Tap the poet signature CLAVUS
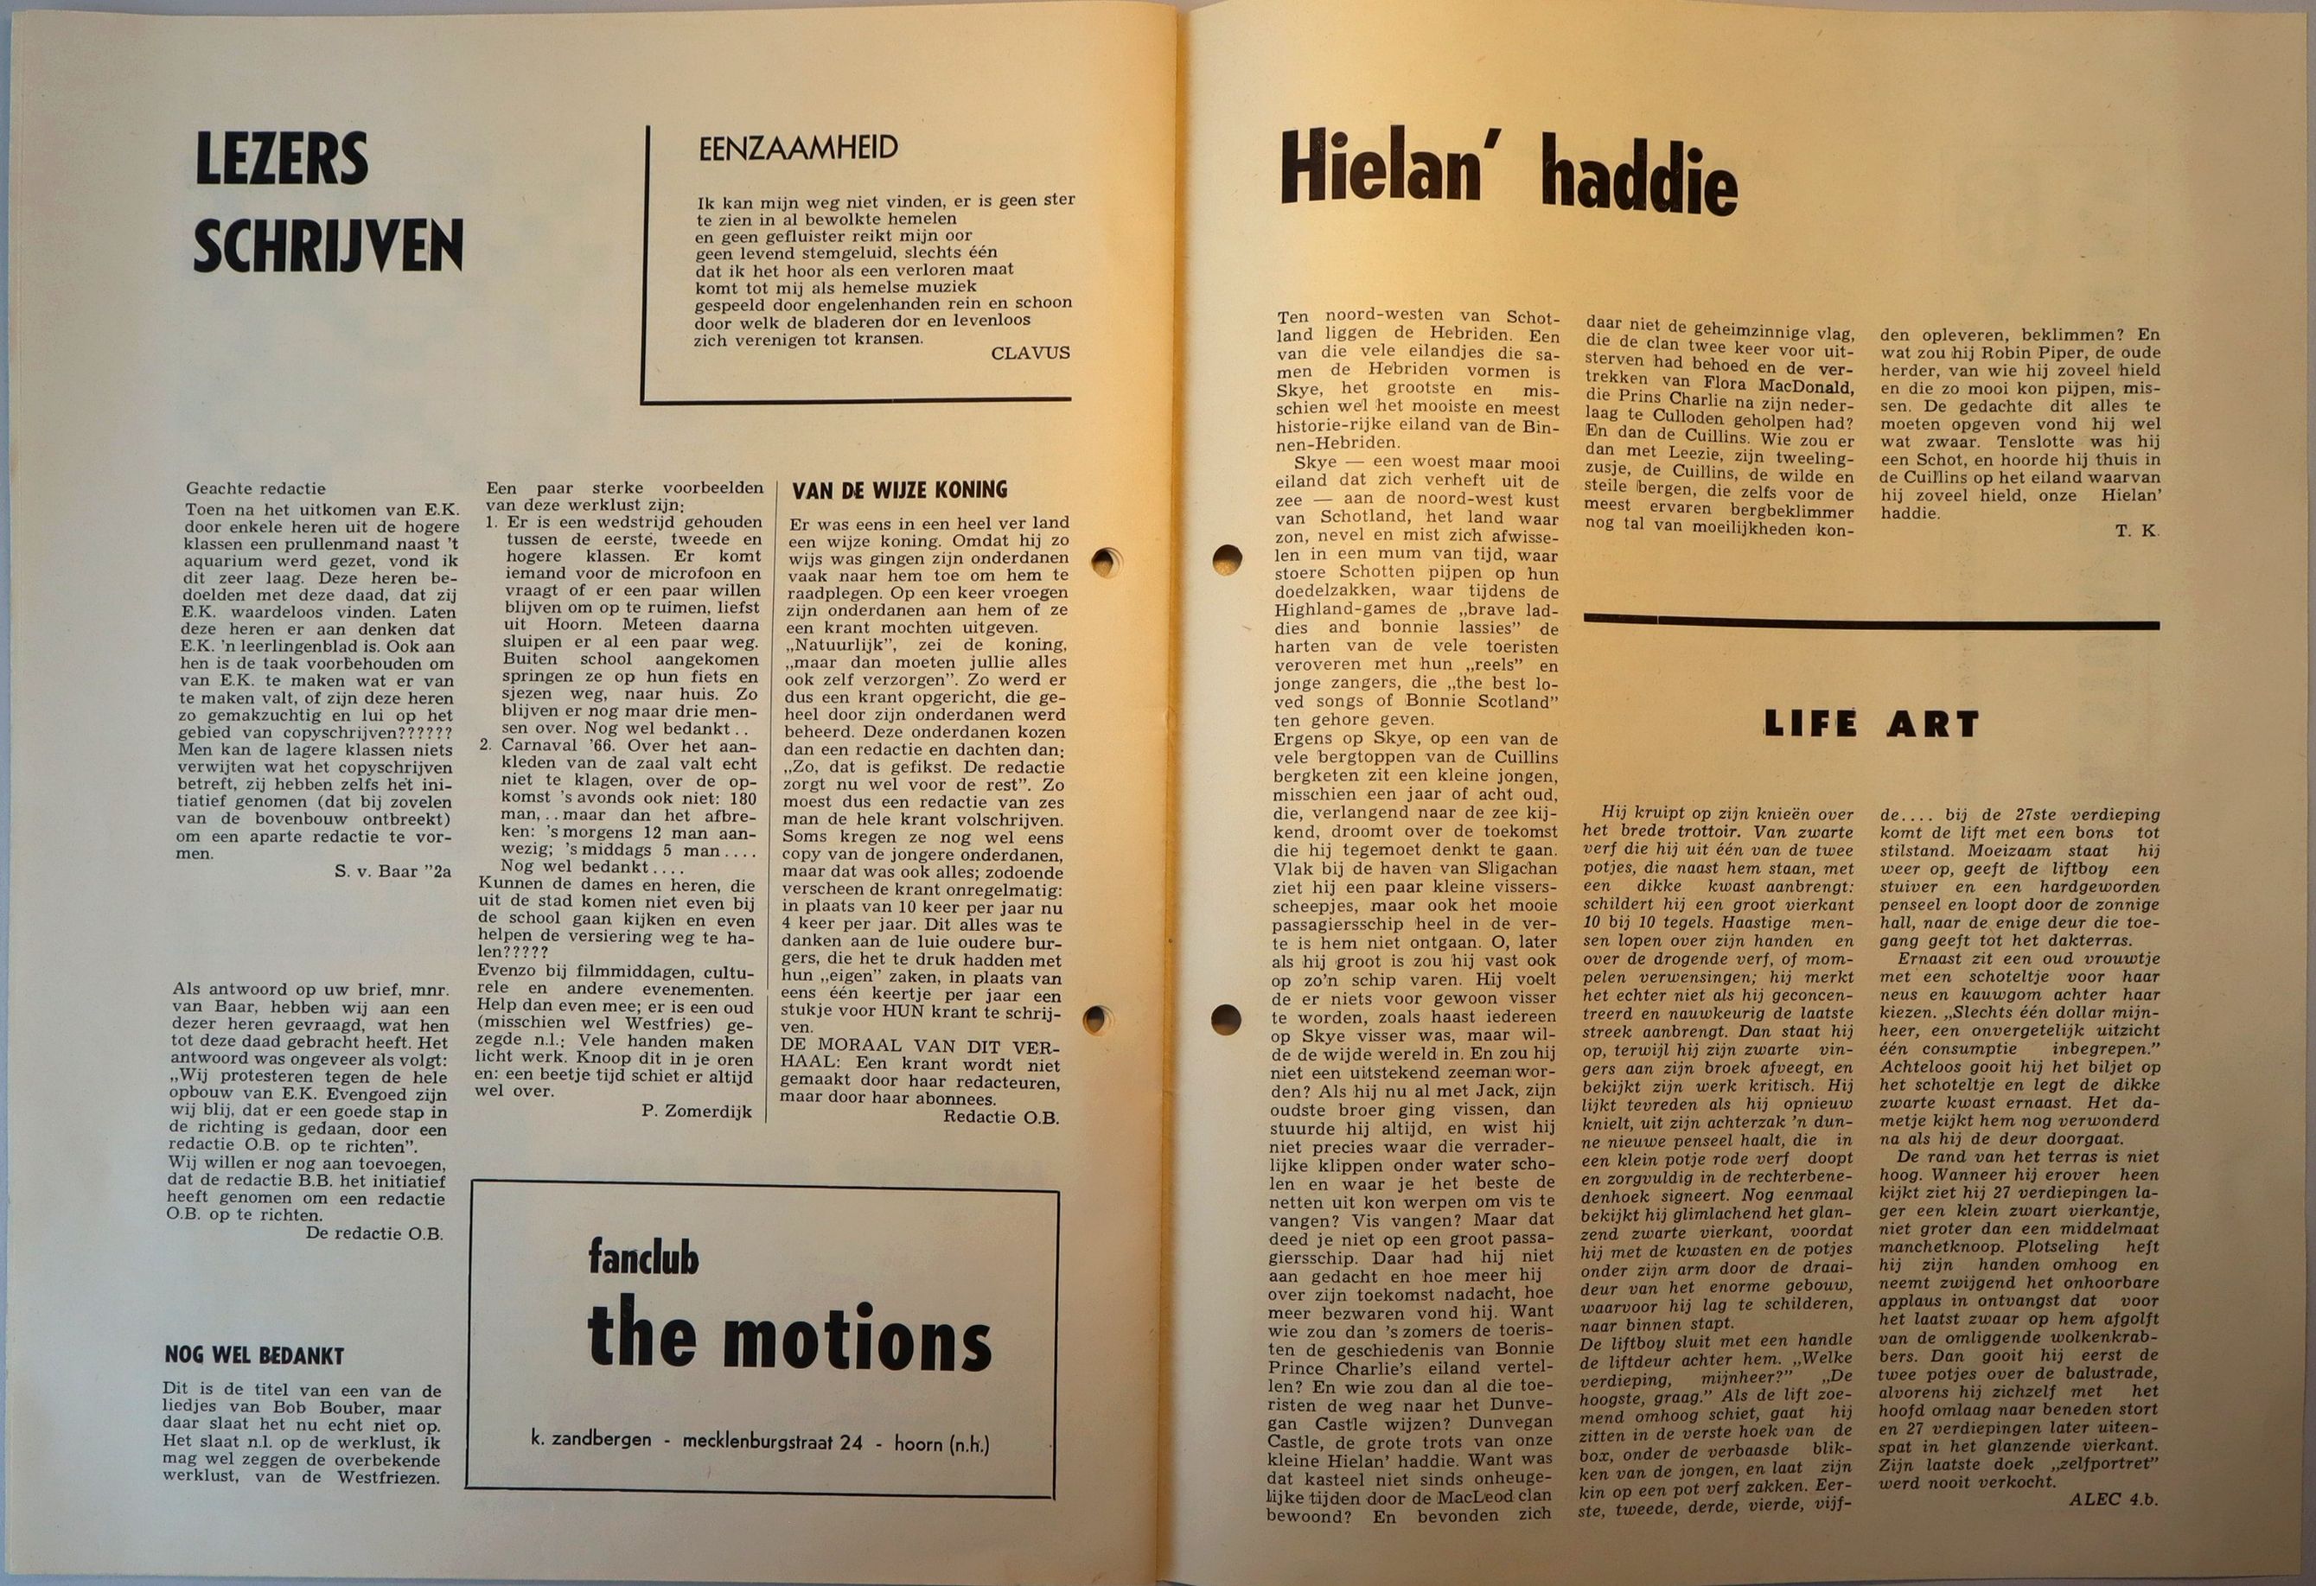(1030, 353)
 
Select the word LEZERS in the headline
(282, 159)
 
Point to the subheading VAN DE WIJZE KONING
(899, 490)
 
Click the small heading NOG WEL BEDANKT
(254, 1356)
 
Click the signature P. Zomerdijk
(698, 1111)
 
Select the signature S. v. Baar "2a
(392, 870)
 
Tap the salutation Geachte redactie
(255, 489)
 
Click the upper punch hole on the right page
(1226, 559)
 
